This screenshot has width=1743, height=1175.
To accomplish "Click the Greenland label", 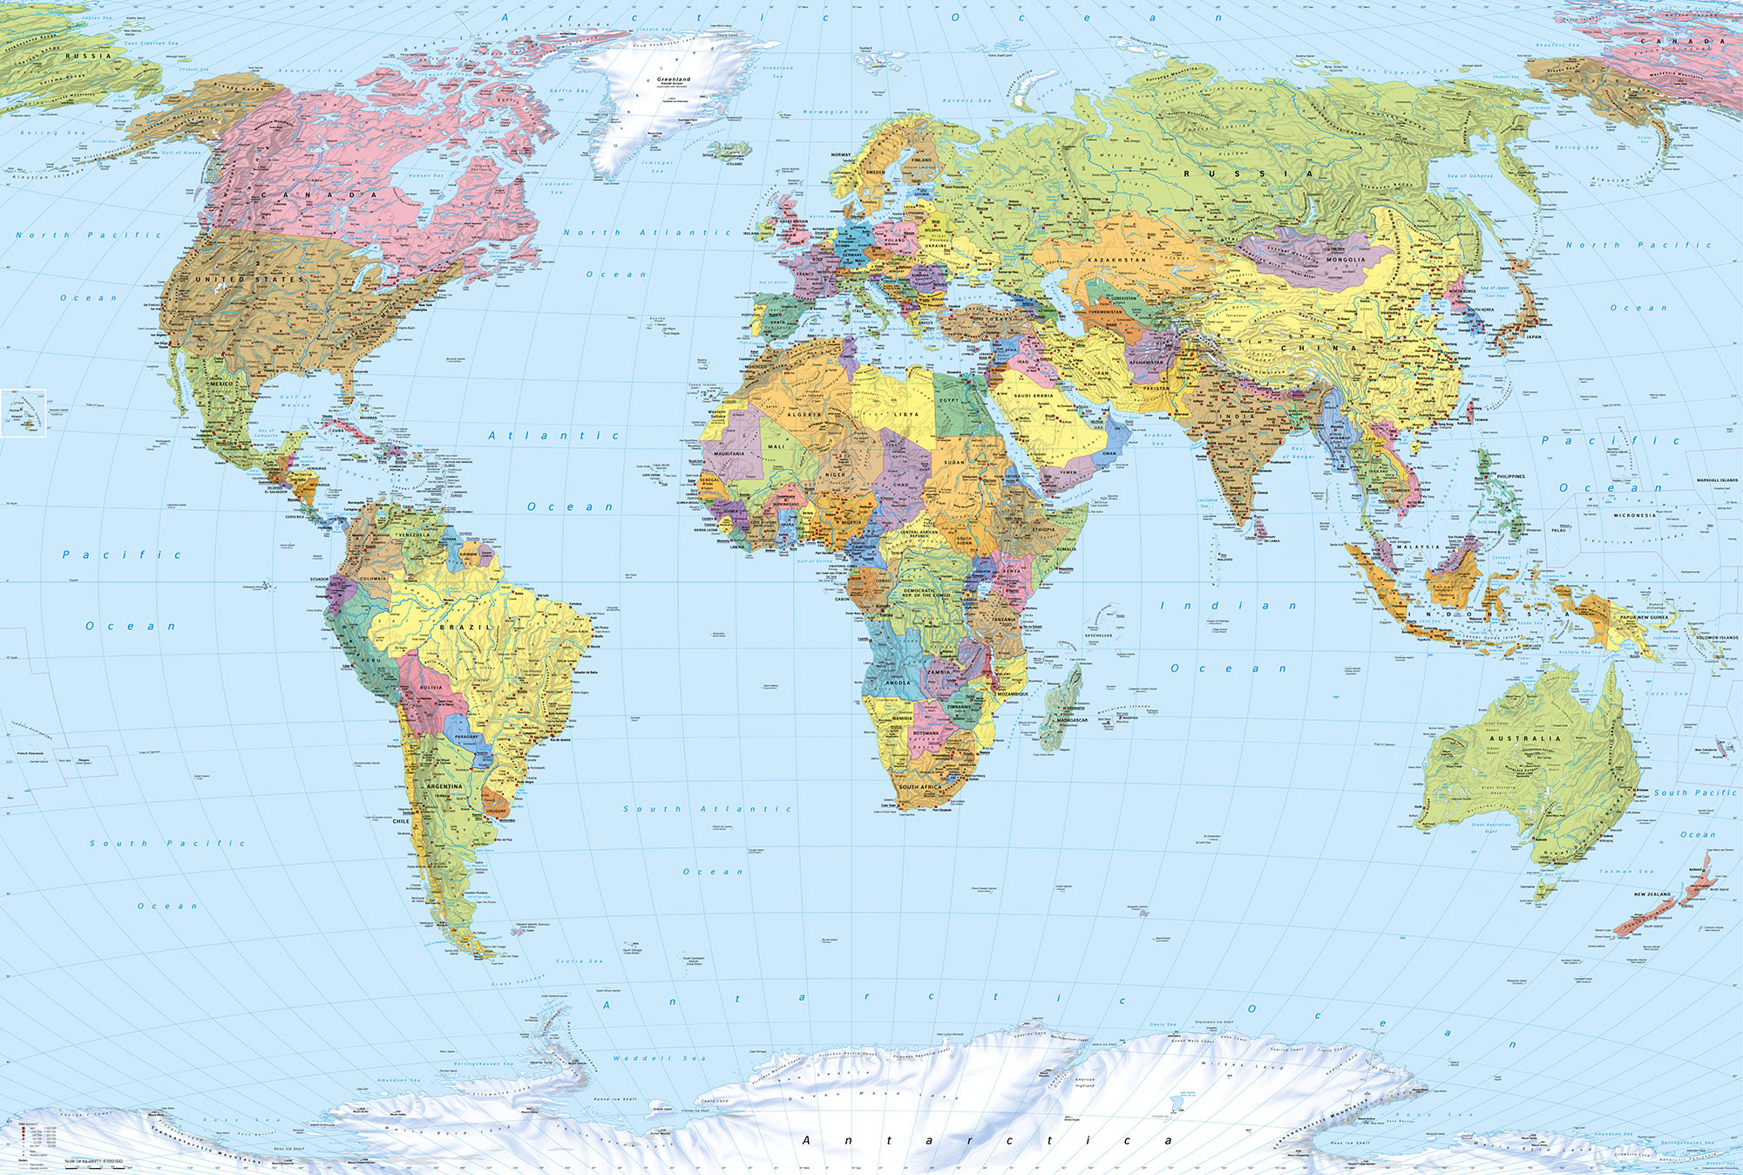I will [674, 79].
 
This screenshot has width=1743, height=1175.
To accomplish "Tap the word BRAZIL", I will [465, 627].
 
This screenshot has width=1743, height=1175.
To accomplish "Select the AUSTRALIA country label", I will [1531, 738].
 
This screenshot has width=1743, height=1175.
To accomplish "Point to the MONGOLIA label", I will [1346, 260].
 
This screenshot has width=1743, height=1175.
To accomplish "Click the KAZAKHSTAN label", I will [1117, 260].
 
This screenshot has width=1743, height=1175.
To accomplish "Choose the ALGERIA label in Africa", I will [804, 415].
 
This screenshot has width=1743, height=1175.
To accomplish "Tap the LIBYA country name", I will [906, 415].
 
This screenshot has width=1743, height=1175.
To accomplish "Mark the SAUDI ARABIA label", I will [1034, 396].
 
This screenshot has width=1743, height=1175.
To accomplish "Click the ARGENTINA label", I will [444, 786].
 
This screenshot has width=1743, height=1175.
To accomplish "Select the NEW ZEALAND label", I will [1652, 894].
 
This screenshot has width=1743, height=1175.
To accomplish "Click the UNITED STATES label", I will [249, 279].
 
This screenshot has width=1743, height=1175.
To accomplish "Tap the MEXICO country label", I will [221, 384].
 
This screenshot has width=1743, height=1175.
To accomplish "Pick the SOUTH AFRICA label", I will [920, 787].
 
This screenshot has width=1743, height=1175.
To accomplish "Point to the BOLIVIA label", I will [431, 687].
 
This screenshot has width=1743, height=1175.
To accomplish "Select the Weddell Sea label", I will [659, 1058].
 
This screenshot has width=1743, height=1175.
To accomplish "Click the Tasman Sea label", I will [1626, 871].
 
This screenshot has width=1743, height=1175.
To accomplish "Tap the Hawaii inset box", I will [24, 411].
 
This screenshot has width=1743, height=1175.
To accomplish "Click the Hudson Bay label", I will [426, 176].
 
